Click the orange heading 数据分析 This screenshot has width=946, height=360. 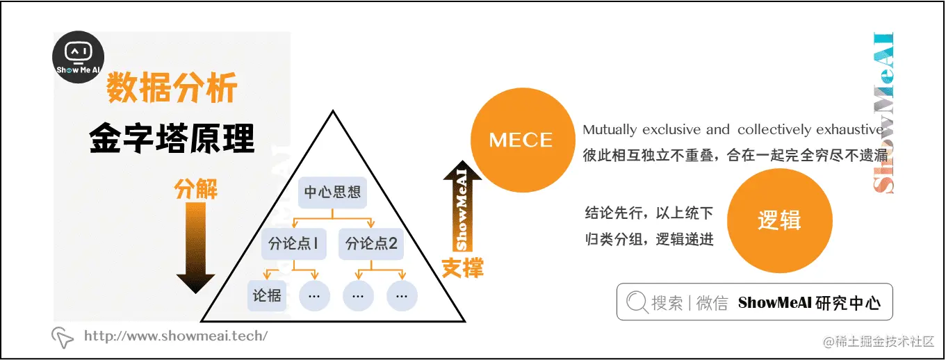point(172,89)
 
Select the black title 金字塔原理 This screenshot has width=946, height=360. point(172,138)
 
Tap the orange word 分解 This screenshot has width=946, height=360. point(196,189)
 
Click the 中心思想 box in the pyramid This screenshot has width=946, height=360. point(333,192)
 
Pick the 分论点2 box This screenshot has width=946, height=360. point(371,244)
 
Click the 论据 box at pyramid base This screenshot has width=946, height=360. point(267,295)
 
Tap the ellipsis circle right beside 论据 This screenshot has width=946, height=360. point(314,295)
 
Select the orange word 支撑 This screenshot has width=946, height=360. point(462,268)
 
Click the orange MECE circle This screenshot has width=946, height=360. point(521,140)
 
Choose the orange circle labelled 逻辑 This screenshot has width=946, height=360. point(779,220)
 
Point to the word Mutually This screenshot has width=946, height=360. point(610,130)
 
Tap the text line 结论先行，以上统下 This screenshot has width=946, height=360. point(649,213)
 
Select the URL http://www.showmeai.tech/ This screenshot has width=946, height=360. point(175,336)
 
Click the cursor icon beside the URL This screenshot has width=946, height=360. point(63,337)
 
